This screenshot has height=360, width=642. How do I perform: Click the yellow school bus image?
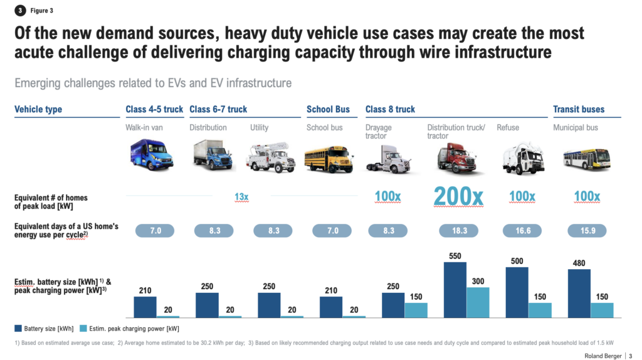(x=329, y=159)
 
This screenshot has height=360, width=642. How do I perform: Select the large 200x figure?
(x=459, y=197)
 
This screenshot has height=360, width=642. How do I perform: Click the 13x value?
(x=241, y=197)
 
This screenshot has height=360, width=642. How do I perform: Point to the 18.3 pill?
(x=460, y=230)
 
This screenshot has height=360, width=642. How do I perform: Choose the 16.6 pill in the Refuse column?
(x=522, y=230)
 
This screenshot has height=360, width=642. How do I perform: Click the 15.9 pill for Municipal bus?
(x=587, y=230)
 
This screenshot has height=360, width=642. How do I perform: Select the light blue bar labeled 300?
(x=478, y=302)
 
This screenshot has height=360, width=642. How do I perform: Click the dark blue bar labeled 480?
(x=579, y=294)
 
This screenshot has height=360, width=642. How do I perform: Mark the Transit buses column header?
(x=579, y=109)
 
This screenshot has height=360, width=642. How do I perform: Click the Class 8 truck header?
(x=390, y=109)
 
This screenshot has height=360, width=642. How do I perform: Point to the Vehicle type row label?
(x=38, y=109)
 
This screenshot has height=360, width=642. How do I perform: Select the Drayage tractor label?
(x=378, y=132)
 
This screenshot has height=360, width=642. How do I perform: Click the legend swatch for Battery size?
(x=18, y=328)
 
